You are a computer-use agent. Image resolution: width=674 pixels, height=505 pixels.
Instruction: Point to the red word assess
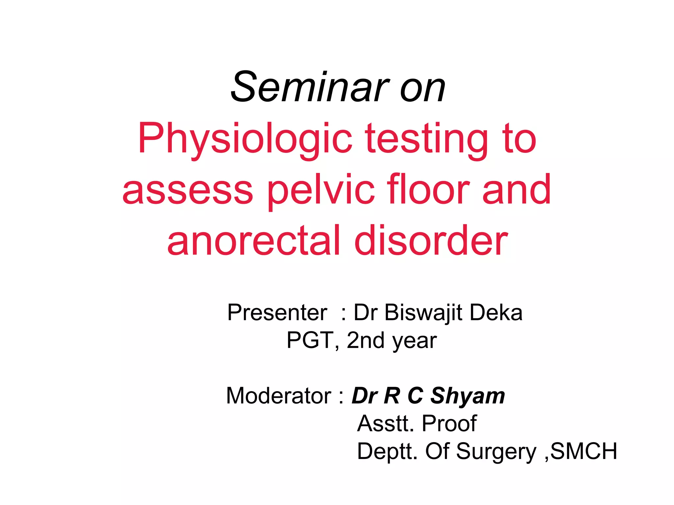pos(188,191)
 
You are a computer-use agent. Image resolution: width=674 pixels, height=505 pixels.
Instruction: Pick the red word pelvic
pos(321,191)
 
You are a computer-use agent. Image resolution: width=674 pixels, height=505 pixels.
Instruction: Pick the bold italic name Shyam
pos(468,396)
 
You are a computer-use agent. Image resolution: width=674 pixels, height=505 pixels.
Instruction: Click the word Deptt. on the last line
pos(387,452)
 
